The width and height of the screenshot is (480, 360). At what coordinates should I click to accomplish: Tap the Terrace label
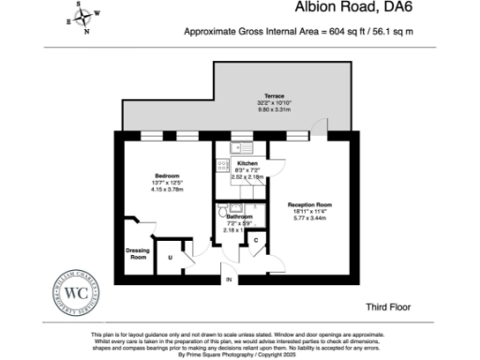point(274,96)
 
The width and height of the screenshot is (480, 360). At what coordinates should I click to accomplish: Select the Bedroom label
point(169,175)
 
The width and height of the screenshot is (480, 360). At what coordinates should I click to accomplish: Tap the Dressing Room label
point(138,253)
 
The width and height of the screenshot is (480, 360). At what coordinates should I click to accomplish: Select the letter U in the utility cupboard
point(171,257)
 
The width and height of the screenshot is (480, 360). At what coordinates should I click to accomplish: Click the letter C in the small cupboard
point(256,241)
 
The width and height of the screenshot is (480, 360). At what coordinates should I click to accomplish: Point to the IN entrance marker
point(226,279)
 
